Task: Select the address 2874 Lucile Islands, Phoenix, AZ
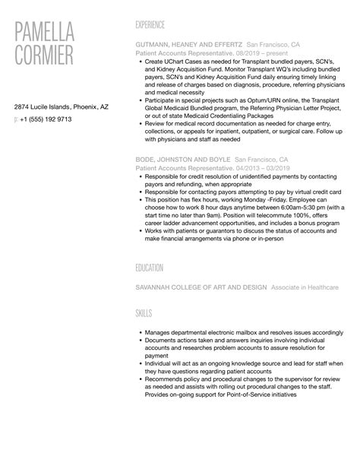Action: [x=62, y=107]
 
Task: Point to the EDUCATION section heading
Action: [x=153, y=268]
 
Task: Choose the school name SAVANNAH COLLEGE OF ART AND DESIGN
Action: [x=201, y=287]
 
